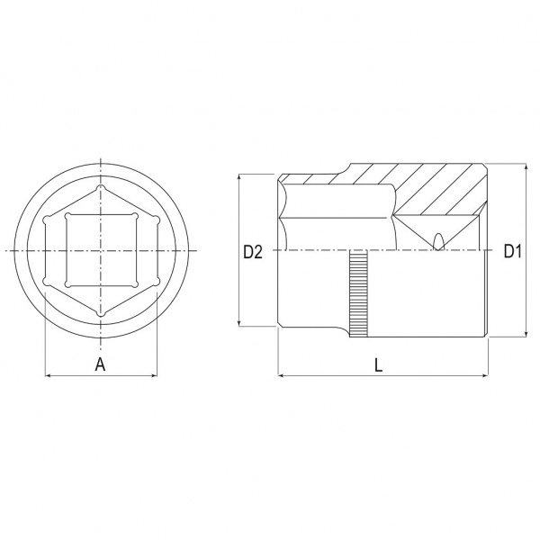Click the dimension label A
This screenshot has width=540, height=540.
pyautogui.click(x=100, y=364)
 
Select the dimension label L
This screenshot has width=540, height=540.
pyautogui.click(x=379, y=364)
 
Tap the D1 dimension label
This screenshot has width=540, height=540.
pyautogui.click(x=513, y=251)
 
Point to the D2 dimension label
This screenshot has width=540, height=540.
pyautogui.click(x=253, y=252)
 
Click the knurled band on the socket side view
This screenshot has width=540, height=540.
pyautogui.click(x=358, y=294)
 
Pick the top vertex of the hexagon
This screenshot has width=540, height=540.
pyautogui.click(x=100, y=188)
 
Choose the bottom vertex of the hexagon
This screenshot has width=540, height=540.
pyautogui.click(x=100, y=313)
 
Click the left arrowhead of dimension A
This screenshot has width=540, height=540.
pyautogui.click(x=49, y=375)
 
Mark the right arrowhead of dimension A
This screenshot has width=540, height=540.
pyautogui.click(x=154, y=375)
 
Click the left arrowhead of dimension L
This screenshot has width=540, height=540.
pyautogui.click(x=281, y=375)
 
